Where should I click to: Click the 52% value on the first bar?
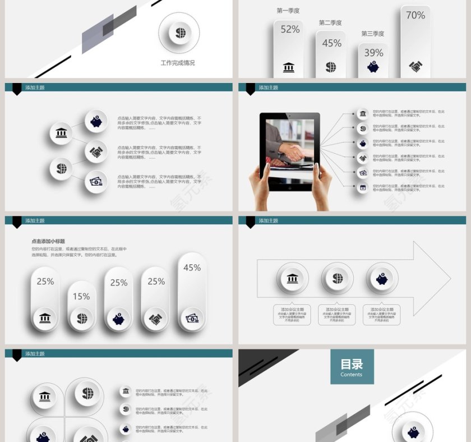(x=290, y=29)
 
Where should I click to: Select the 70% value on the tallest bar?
(x=415, y=16)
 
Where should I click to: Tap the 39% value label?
(x=373, y=53)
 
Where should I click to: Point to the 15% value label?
(x=81, y=296)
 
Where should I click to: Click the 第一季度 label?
(x=288, y=11)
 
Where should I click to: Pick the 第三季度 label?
(x=373, y=34)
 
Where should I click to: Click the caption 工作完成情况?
(x=178, y=63)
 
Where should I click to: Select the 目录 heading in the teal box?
(x=352, y=365)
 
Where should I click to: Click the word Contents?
(x=352, y=375)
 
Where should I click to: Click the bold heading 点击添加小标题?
(x=48, y=241)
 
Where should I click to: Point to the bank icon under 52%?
(x=289, y=67)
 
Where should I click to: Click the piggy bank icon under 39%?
(x=373, y=67)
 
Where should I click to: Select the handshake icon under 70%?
(x=415, y=67)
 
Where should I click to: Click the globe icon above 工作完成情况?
(x=180, y=33)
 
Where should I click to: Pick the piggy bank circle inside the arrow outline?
(x=382, y=279)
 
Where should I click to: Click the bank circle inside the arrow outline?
(x=292, y=279)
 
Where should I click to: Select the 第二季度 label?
(x=330, y=23)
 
